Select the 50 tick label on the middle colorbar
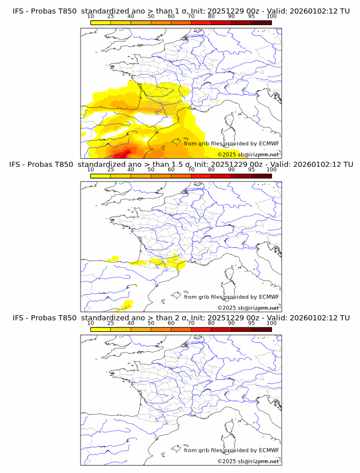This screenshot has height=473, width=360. [151, 169]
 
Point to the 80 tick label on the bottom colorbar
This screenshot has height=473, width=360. [211, 323]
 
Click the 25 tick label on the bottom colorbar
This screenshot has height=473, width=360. [111, 323]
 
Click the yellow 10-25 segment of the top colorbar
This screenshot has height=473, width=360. [101, 22]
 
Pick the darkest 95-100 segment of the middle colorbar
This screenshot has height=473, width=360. [261, 176]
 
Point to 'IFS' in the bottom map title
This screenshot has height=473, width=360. [19, 318]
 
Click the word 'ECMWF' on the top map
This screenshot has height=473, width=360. [269, 143]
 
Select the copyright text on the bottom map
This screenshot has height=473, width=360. [248, 461]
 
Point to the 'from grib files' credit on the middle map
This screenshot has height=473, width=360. [204, 297]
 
